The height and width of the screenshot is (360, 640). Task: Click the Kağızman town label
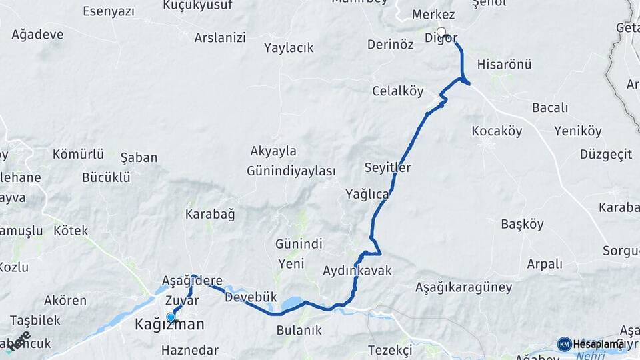tap(169, 325)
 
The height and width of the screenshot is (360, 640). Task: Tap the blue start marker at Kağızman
tap(171, 317)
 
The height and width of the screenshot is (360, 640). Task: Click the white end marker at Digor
tap(441, 31)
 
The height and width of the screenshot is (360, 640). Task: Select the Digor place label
tap(441, 38)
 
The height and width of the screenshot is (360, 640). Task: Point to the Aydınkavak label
tap(357, 271)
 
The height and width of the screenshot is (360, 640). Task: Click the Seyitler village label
tap(387, 167)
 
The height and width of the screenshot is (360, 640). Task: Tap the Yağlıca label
tap(367, 194)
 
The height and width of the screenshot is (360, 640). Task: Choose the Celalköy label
tap(397, 91)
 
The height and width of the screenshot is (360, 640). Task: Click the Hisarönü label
tap(504, 65)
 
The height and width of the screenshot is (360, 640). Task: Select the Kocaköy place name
tap(497, 131)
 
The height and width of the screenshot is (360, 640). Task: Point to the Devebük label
tap(251, 297)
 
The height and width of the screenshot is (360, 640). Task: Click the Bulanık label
tap(299, 330)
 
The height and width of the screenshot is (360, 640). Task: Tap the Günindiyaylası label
tap(291, 171)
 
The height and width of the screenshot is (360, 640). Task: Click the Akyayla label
tap(273, 151)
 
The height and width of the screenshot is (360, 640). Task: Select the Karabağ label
tap(210, 215)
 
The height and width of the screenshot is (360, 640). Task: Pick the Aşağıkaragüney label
tap(463, 288)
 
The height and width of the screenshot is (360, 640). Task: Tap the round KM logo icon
tap(564, 344)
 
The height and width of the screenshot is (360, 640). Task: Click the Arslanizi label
tap(220, 37)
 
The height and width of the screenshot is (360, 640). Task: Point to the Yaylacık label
tap(289, 48)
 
